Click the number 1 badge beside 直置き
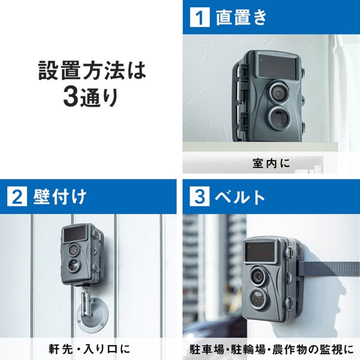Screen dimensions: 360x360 tap(197, 17)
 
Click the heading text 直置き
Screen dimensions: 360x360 tap(240, 17)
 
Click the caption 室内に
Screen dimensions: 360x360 tap(269, 163)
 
